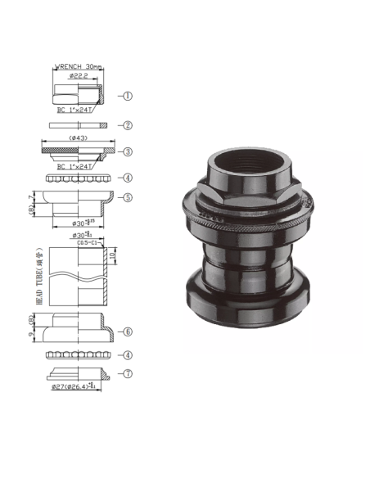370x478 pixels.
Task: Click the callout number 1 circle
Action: tap(128, 96)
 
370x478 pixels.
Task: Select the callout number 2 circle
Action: tap(128, 125)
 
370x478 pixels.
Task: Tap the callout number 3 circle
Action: tap(128, 151)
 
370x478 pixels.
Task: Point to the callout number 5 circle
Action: tap(128, 197)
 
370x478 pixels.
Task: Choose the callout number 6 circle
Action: tap(128, 331)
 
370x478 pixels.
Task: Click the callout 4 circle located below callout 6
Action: tap(128, 354)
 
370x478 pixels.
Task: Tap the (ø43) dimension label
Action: tap(78, 138)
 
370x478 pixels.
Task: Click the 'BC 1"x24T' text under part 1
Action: tap(74, 108)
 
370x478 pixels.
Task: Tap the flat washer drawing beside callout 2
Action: tap(77, 125)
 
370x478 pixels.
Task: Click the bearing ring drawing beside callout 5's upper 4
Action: tap(77, 178)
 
